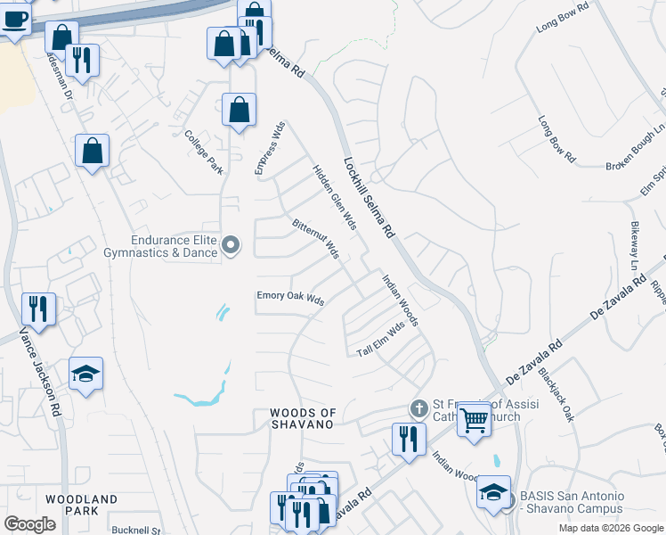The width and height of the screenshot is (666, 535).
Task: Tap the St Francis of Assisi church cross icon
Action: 418,408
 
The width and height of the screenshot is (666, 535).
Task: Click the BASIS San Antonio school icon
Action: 492,493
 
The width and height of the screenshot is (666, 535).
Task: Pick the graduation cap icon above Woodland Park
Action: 86,374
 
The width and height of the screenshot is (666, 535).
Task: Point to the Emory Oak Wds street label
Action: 290,299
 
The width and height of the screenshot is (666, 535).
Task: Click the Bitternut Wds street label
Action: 316,237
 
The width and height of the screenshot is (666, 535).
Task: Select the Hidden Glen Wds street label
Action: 334,196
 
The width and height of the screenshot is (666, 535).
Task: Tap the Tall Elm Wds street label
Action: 381,339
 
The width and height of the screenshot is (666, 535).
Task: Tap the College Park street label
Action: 203,152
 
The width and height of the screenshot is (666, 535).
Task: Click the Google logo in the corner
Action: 29,524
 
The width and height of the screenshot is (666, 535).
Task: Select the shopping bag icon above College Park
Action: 239,111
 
